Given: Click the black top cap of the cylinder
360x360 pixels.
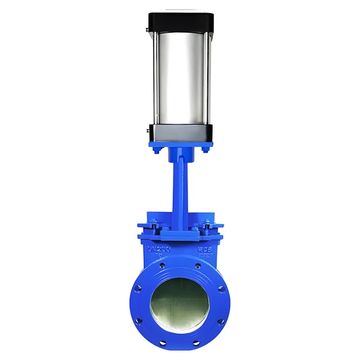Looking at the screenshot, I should tap(180, 22).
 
